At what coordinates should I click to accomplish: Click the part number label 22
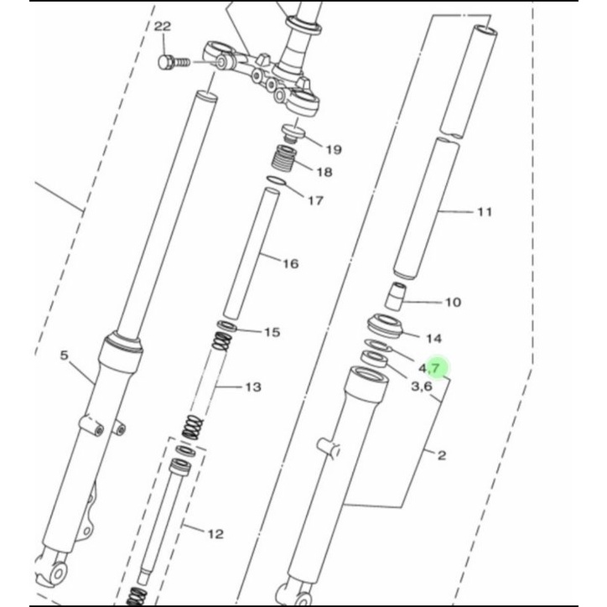(x=162, y=28)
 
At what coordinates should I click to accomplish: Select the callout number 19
(x=334, y=150)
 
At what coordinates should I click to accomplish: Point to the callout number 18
(x=324, y=173)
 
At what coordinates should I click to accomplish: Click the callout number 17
(x=315, y=200)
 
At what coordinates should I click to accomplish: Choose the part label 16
(x=290, y=264)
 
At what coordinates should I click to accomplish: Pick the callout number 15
(x=272, y=333)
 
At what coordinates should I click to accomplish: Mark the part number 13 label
(x=252, y=387)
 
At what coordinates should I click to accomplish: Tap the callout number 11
(x=484, y=212)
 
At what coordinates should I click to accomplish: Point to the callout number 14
(x=433, y=339)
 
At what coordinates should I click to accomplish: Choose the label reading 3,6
(x=421, y=387)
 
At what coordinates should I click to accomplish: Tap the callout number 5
(x=65, y=356)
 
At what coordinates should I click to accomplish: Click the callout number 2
(x=442, y=455)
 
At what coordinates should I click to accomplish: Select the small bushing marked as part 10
(x=395, y=297)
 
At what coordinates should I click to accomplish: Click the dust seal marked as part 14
(x=387, y=323)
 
